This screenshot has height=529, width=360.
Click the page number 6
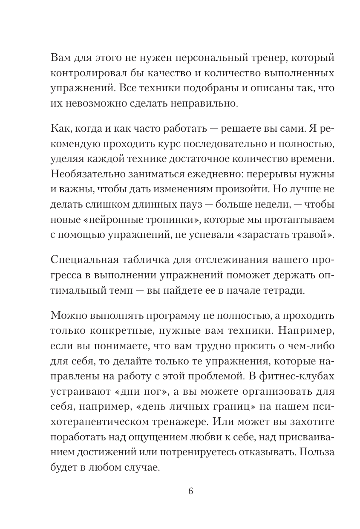pos(190,491)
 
